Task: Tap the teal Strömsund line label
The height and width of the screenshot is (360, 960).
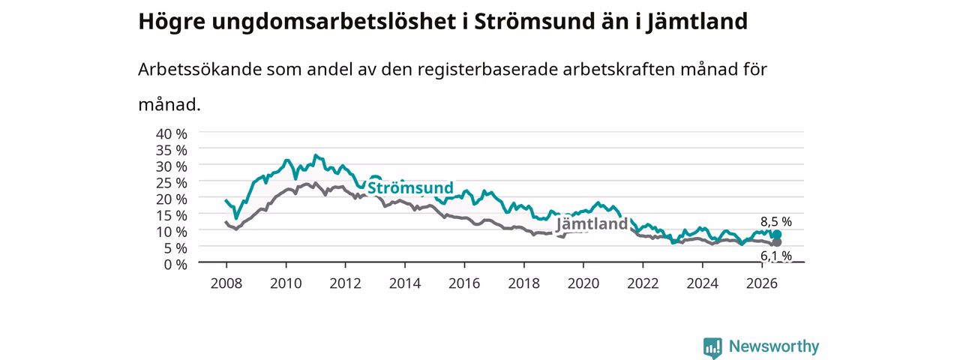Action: coord(410,187)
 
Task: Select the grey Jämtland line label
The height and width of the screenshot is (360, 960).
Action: coord(592,223)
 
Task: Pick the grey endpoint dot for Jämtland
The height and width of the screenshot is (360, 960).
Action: coord(776,242)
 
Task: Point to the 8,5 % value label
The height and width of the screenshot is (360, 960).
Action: coord(776,221)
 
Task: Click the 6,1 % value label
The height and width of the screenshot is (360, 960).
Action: coord(776,256)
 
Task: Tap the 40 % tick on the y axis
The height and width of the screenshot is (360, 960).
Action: coord(172,133)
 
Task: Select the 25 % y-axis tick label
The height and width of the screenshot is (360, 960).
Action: coord(172,182)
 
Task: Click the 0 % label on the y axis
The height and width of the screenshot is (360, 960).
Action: coord(175,265)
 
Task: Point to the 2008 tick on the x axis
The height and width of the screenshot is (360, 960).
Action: coord(226,283)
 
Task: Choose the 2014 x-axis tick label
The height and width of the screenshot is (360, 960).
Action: coord(404,283)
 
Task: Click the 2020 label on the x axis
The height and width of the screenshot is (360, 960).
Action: coord(583,283)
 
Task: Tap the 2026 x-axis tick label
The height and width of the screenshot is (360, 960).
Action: coord(761,283)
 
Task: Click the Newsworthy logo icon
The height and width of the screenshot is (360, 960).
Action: coord(712,347)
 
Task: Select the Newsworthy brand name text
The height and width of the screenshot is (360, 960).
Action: coord(774,346)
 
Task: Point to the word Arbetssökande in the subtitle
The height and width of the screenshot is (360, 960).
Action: coord(199,69)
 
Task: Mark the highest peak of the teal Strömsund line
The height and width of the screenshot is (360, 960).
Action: coord(316,155)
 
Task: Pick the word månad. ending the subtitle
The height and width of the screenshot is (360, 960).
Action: coord(169,104)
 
